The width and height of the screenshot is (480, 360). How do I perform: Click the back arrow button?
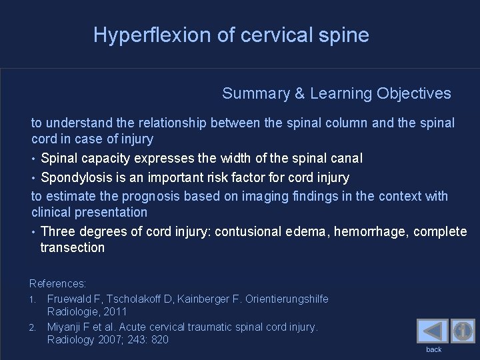(432, 331)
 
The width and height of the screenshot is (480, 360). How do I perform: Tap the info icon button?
(463, 331)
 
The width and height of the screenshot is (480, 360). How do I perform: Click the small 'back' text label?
(434, 349)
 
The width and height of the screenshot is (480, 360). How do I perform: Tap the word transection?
(72, 247)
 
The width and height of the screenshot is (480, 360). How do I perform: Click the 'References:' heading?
(57, 283)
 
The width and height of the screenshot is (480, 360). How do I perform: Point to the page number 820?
(160, 339)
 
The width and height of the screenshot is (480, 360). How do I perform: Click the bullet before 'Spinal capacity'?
(34, 159)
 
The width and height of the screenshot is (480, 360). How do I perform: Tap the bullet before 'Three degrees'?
(34, 232)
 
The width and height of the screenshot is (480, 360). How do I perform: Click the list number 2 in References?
(33, 327)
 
